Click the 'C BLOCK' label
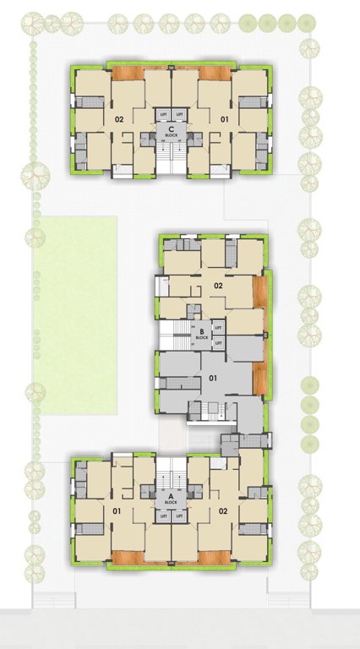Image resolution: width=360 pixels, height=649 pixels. (171, 131)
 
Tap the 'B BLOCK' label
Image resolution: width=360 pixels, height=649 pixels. (202, 334)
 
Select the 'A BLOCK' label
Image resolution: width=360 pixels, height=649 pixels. (171, 499)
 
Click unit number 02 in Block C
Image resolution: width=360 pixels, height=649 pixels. (119, 120)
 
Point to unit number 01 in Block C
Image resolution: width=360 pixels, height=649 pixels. (224, 120)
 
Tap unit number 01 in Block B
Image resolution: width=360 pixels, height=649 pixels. (214, 378)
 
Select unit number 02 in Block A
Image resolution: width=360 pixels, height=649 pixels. (224, 510)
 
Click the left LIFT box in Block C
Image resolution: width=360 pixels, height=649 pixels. (163, 113)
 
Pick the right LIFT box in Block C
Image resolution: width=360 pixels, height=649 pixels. (179, 113)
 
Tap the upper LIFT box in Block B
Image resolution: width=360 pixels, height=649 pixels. (218, 326)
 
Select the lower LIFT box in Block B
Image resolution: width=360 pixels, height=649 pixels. (218, 342)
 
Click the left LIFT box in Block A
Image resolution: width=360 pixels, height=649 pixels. (163, 515)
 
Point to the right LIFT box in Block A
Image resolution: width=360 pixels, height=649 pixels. (179, 515)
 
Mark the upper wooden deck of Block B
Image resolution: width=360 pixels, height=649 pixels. (259, 291)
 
